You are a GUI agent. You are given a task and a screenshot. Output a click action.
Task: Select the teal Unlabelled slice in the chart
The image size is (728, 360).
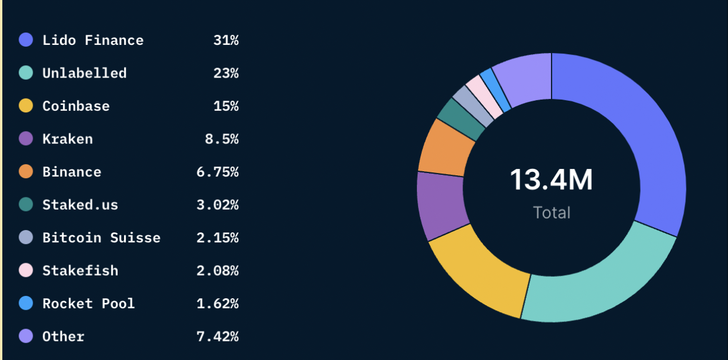point(600,280)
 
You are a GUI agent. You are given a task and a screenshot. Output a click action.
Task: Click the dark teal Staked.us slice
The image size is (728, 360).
point(460,119)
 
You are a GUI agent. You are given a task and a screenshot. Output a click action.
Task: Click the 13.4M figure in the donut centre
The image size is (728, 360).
point(551,180)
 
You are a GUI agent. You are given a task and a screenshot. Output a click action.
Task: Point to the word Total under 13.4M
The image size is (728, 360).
point(552,213)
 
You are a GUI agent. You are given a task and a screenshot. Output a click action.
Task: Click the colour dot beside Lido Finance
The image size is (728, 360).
point(26,40)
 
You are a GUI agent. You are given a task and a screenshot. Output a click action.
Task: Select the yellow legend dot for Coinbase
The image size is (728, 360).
point(26,106)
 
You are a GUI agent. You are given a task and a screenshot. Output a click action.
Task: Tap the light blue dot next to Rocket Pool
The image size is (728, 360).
point(26,303)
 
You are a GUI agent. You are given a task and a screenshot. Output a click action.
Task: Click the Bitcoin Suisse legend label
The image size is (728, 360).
point(101,238)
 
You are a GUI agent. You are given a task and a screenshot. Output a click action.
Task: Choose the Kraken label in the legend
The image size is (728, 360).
point(68,139)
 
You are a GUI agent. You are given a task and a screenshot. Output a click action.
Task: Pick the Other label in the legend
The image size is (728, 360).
point(63,337)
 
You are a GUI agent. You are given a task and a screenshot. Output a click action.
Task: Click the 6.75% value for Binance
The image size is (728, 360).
point(217,172)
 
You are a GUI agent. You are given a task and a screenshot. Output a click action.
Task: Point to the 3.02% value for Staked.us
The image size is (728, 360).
point(217,205)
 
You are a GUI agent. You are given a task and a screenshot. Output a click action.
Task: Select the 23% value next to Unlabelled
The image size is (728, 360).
point(226,73)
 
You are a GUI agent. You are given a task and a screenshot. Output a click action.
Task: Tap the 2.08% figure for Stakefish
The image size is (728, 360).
point(217,271)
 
